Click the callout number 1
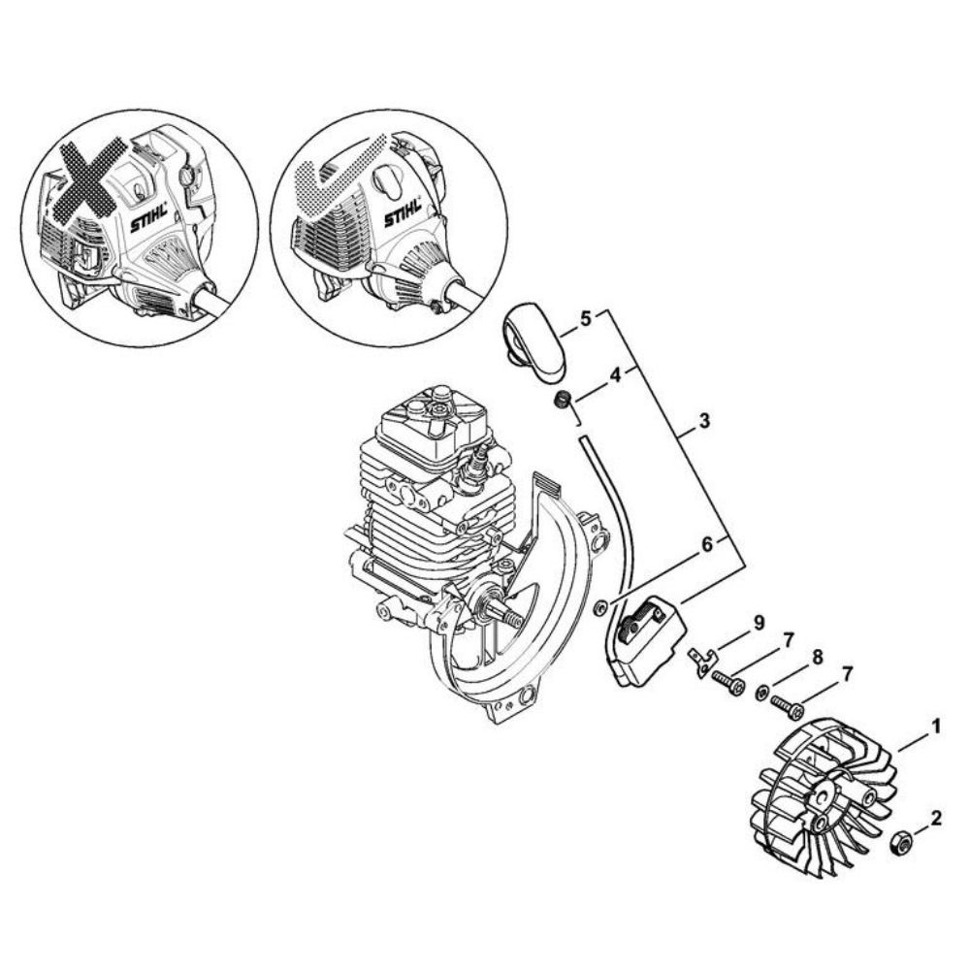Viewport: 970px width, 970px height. (x=936, y=725)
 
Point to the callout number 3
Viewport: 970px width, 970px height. (x=704, y=422)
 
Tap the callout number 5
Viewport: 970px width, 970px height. (x=586, y=317)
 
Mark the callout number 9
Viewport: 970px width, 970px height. (x=760, y=620)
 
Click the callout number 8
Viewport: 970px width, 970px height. (x=817, y=658)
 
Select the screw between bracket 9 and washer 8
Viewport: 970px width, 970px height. (x=728, y=683)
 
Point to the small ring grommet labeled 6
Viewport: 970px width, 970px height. (x=600, y=608)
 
